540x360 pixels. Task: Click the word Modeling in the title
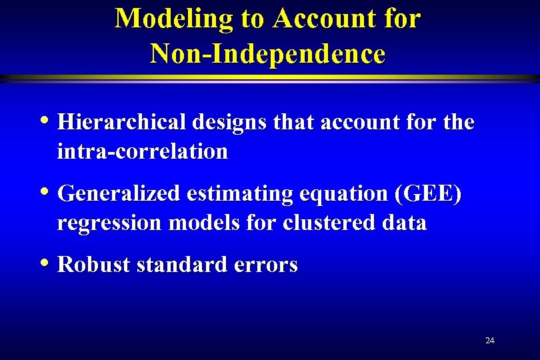174,19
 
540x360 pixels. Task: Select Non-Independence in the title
267,53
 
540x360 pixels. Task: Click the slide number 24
490,341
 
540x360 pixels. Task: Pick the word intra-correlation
143,151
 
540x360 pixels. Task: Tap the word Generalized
119,194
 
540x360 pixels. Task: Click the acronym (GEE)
428,194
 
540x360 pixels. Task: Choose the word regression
109,223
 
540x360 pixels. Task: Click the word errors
266,265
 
